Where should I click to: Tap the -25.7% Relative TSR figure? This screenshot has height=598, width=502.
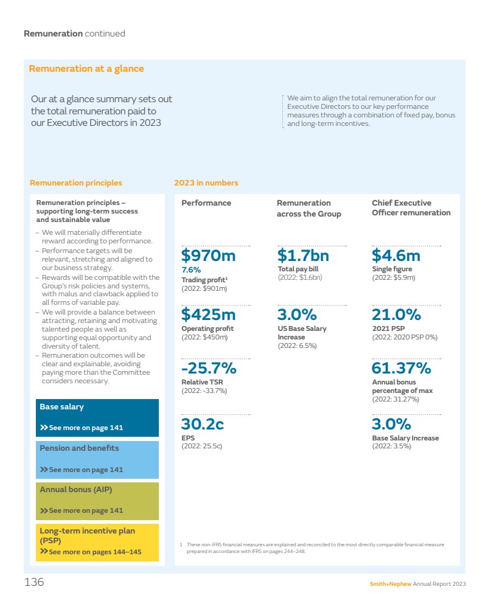pyautogui.click(x=209, y=369)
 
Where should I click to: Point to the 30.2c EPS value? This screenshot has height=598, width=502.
pyautogui.click(x=203, y=424)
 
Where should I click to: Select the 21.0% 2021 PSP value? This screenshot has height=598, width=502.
pyautogui.click(x=396, y=315)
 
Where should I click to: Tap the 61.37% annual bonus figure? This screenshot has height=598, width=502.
pyautogui.click(x=401, y=369)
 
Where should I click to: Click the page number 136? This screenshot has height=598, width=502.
pyautogui.click(x=34, y=583)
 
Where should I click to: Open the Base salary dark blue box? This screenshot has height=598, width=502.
pyautogui.click(x=97, y=417)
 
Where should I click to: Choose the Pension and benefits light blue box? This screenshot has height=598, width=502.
pyautogui.click(x=97, y=459)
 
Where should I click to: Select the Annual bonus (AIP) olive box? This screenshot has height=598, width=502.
pyautogui.click(x=97, y=501)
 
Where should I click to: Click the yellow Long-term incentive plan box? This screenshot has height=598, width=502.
pyautogui.click(x=97, y=542)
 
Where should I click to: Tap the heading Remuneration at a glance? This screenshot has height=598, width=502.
pyautogui.click(x=86, y=69)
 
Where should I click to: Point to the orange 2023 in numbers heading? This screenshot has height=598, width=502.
pyautogui.click(x=206, y=183)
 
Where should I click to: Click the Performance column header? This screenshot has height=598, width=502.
pyautogui.click(x=206, y=203)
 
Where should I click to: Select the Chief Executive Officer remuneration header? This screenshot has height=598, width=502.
pyautogui.click(x=411, y=208)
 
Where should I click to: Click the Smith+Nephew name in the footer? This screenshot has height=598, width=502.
pyautogui.click(x=391, y=585)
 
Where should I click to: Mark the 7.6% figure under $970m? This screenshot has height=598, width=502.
pyautogui.click(x=191, y=269)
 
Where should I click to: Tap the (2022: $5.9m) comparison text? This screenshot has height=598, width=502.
pyautogui.click(x=394, y=277)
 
